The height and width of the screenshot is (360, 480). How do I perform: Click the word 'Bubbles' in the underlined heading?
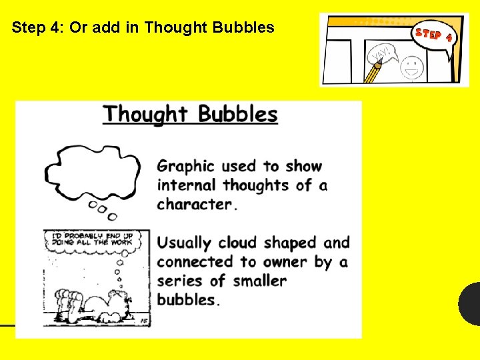click(x=237, y=114)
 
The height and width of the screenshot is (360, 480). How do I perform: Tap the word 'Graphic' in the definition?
click(x=186, y=166)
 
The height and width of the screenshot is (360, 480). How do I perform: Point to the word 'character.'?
click(x=197, y=204)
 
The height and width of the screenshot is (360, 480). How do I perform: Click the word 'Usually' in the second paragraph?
click(x=184, y=243)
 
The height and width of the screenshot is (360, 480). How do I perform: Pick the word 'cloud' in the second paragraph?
click(x=238, y=243)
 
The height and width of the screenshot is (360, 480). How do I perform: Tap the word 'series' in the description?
click(x=181, y=281)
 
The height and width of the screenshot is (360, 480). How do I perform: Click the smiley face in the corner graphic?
click(x=412, y=67)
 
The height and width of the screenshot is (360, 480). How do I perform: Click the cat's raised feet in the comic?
click(x=67, y=297)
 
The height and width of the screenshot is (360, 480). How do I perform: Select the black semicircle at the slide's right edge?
click(x=470, y=304)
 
